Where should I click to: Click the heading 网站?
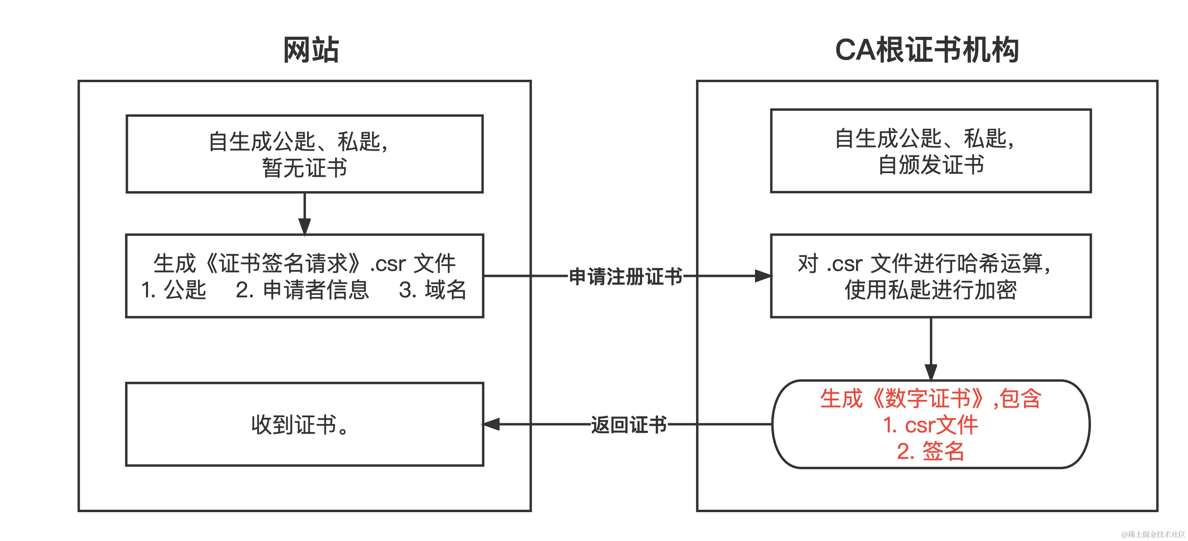pyautogui.click(x=311, y=50)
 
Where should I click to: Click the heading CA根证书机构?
pyautogui.click(x=927, y=50)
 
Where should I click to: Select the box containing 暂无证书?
pyautogui.click(x=304, y=154)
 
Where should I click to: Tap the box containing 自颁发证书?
pyautogui.click(x=931, y=151)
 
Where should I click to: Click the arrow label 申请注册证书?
pyautogui.click(x=625, y=277)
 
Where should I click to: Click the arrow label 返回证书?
pyautogui.click(x=629, y=424)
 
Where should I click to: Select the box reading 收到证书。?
pyautogui.click(x=304, y=424)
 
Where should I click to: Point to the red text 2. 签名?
pyautogui.click(x=931, y=451)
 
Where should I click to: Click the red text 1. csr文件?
pyautogui.click(x=931, y=424)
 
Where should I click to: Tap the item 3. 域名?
pyautogui.click(x=433, y=290)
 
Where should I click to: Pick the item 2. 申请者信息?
pyautogui.click(x=302, y=290)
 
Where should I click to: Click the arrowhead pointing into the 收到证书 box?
pyautogui.click(x=491, y=424)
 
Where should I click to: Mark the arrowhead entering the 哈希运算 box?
pyautogui.click(x=763, y=276)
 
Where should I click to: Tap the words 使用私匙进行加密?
pyautogui.click(x=931, y=290)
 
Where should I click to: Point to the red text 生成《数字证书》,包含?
pyautogui.click(x=931, y=398)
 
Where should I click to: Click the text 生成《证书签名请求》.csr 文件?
pyautogui.click(x=304, y=264)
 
